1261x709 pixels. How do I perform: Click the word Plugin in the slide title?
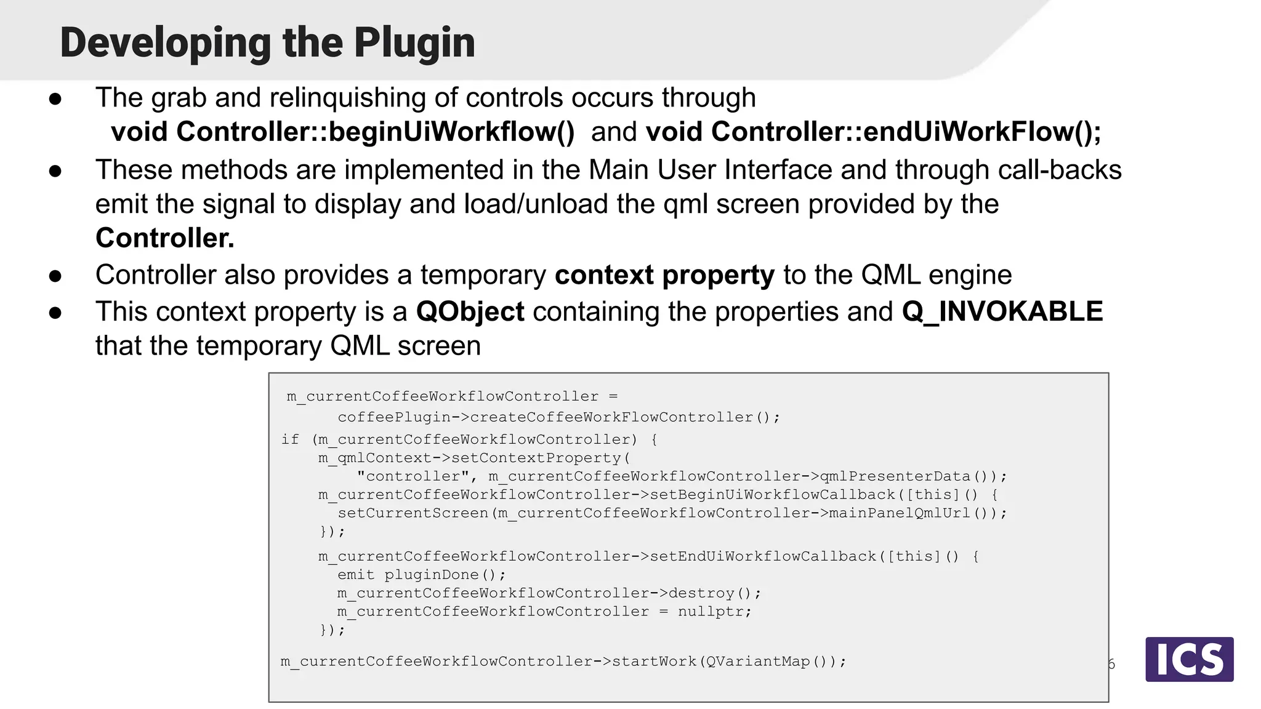coord(414,43)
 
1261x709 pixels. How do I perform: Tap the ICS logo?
coord(1189,659)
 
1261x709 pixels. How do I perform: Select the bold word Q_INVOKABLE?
coord(1002,311)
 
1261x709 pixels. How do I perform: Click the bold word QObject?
coord(470,311)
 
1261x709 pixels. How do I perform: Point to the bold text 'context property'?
coord(664,275)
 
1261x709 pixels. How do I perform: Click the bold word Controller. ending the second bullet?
coord(164,238)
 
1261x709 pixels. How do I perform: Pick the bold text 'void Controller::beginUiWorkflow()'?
coord(342,132)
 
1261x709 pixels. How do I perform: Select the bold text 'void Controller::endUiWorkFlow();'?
coord(873,132)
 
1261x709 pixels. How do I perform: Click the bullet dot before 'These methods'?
coord(55,170)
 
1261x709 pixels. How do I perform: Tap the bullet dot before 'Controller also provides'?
coord(55,276)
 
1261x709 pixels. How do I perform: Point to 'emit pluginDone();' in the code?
coord(421,575)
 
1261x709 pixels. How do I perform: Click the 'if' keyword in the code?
coord(290,439)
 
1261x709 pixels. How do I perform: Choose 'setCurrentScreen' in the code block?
coord(413,513)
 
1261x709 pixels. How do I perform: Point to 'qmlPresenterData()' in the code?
coord(904,476)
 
